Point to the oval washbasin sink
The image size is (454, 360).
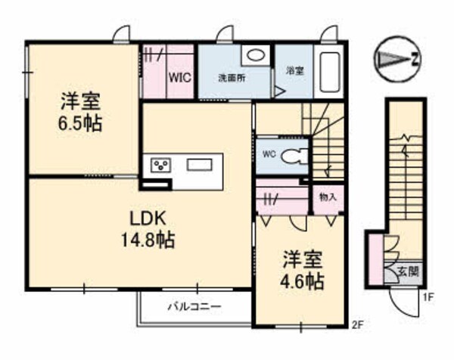257,54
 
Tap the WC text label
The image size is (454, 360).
269,154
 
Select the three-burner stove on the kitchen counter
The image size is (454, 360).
160,165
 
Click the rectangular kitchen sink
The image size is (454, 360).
200,165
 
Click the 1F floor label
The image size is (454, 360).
428,298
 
